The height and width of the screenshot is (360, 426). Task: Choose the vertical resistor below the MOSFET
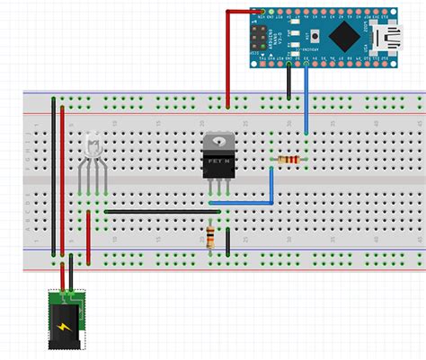pyautogui.click(x=210, y=236)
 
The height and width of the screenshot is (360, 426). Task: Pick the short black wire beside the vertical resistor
pyautogui.click(x=228, y=241)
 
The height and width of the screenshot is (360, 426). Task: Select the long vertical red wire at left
pyautogui.click(x=62, y=180)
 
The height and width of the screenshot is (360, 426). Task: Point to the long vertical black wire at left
pyautogui.click(x=52, y=180)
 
